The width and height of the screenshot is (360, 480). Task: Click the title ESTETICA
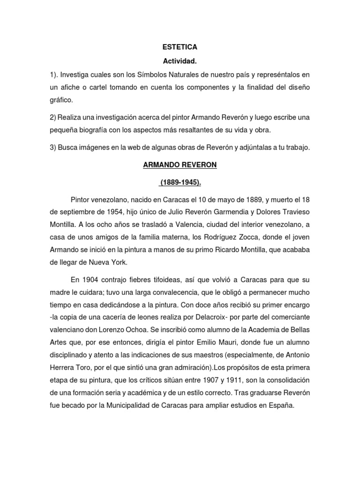click(180, 47)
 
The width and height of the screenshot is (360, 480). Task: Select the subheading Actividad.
click(180, 61)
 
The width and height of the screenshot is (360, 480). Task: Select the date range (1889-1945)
click(180, 181)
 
